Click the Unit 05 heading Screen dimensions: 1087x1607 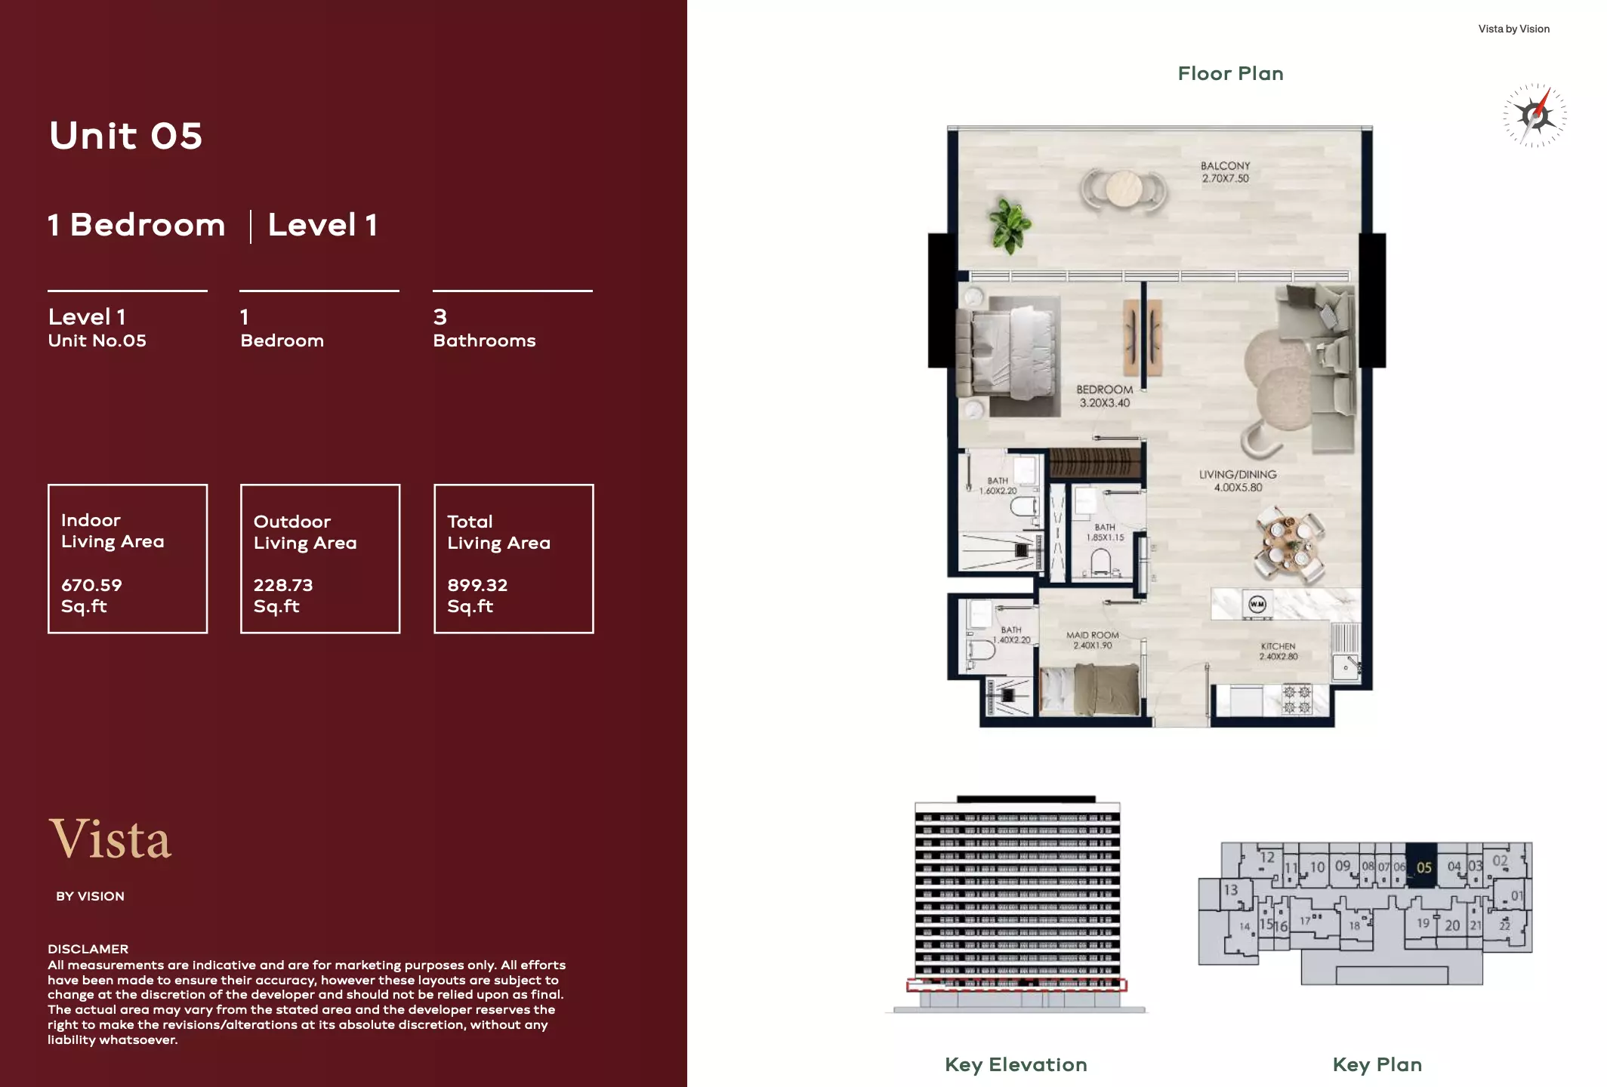pos(125,136)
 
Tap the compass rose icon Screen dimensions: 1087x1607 pos(1535,115)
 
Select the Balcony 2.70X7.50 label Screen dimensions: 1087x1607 pos(1225,172)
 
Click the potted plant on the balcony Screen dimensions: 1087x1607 pos(1009,224)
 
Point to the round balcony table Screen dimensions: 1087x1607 pos(1123,189)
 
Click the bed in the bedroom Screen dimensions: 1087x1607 pos(1008,355)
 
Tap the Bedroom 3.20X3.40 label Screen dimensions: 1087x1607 pos(1104,396)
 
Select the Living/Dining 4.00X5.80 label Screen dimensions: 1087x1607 pos(1237,481)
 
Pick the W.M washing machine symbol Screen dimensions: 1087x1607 pos(1257,604)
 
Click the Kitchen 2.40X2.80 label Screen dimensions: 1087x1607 pos(1278,651)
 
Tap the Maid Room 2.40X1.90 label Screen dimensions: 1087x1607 pos(1092,640)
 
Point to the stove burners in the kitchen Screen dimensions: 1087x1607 pos(1297,699)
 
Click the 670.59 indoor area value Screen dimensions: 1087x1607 pos(91,585)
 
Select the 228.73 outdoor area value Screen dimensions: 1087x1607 pos(283,585)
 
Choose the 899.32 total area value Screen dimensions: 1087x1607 pos(477,585)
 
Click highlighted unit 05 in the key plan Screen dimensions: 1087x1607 pos(1423,867)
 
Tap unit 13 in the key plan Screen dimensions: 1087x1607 pos(1230,890)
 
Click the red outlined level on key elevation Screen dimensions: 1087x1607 pos(1016,985)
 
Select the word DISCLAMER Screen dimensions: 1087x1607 pos(88,949)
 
